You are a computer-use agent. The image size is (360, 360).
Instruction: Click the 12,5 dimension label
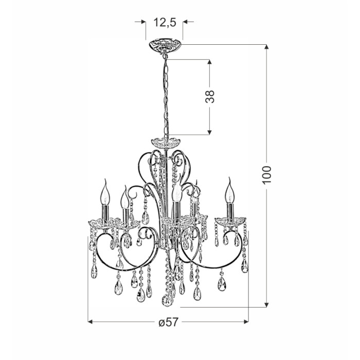point(165,22)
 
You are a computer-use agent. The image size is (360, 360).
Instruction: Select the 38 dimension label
point(210,97)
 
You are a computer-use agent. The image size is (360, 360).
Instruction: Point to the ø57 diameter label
point(168,322)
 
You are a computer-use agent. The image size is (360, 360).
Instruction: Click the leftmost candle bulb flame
point(105,192)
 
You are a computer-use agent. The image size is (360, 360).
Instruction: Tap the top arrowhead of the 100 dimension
point(266,47)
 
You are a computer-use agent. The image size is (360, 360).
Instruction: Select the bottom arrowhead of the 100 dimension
point(266,304)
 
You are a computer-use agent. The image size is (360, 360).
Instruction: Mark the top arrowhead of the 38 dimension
point(209,62)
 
